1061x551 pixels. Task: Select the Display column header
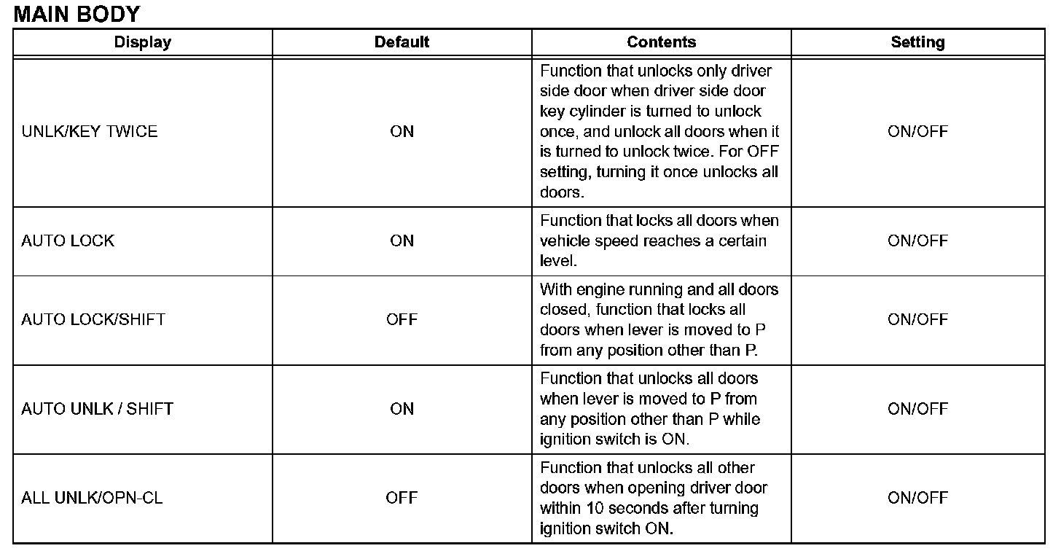pos(143,42)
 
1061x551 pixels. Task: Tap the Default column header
pos(402,42)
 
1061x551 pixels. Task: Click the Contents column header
pos(661,42)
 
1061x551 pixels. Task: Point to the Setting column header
pos(917,42)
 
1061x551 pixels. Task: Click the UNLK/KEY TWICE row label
pos(90,132)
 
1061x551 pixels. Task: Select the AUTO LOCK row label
pos(68,241)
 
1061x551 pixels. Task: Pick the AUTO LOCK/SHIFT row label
pos(93,319)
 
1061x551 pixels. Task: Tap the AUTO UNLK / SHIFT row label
pos(97,409)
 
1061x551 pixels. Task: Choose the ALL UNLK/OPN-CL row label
pos(92,498)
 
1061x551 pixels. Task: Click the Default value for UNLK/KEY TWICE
pos(402,132)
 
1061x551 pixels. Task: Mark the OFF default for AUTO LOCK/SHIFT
pos(402,319)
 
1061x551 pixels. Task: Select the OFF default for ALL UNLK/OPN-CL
pos(402,498)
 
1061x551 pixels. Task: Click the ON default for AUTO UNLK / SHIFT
pos(402,409)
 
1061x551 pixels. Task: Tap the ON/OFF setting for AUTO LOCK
pos(917,241)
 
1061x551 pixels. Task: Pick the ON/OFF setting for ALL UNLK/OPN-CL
pos(917,498)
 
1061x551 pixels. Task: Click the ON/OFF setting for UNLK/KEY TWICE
pos(917,132)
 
